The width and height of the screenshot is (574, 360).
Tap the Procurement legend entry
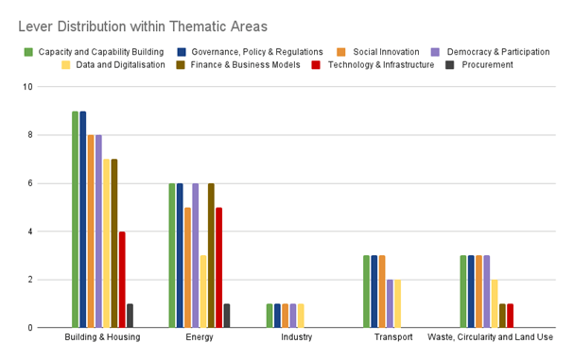point(488,64)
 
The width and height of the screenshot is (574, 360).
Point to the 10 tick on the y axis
point(53,87)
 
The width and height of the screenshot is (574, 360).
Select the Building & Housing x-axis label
point(102,337)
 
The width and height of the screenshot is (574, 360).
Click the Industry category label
point(297,337)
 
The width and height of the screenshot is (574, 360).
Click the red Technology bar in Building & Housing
point(122,280)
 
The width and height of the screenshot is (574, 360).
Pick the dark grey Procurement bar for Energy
point(227,316)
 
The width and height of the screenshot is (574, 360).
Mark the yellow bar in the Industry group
point(301,316)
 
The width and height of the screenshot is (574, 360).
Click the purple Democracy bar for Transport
point(390,303)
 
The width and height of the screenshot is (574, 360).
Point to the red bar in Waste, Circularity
point(510,316)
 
